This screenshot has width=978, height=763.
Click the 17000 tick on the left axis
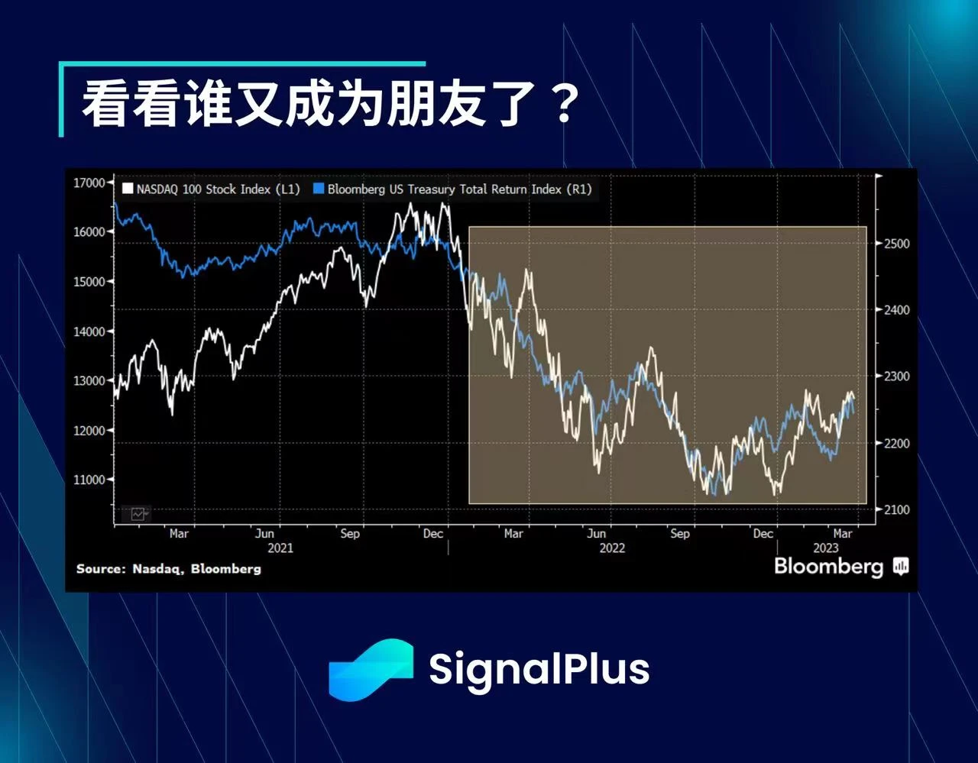click(x=89, y=183)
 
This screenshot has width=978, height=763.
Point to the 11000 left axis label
click(x=89, y=480)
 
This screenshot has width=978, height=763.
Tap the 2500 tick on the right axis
click(x=896, y=244)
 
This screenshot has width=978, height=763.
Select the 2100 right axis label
click(x=896, y=509)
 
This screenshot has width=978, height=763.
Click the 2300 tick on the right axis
click(x=896, y=377)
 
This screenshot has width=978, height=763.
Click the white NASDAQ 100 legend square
click(x=128, y=189)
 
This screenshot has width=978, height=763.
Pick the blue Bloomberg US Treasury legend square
click(x=319, y=189)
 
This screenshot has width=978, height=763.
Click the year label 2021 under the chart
click(x=280, y=548)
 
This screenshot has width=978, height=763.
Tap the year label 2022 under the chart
click(x=612, y=548)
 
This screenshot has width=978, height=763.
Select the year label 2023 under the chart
click(x=825, y=548)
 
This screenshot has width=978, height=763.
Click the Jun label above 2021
click(x=264, y=534)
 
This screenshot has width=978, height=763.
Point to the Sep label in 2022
click(x=679, y=534)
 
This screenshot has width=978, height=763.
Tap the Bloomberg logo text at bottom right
click(x=828, y=566)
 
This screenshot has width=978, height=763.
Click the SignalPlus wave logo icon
click(x=371, y=669)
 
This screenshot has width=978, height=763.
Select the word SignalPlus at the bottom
click(x=539, y=669)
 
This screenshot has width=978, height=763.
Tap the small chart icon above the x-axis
click(x=139, y=514)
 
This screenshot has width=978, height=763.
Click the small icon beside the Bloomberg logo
click(x=901, y=566)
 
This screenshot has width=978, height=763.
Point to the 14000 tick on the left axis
click(x=89, y=331)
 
